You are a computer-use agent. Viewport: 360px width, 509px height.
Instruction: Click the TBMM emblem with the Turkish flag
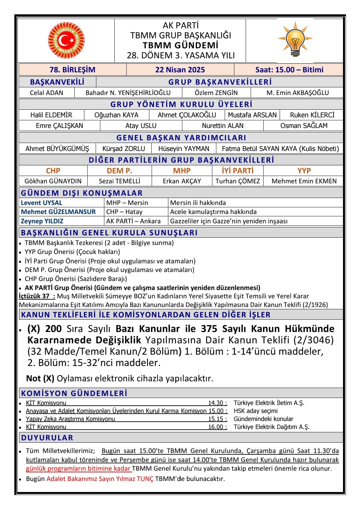[66, 41]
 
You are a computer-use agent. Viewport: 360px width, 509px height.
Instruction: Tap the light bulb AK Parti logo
[295, 40]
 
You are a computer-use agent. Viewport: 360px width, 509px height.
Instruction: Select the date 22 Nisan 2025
[180, 70]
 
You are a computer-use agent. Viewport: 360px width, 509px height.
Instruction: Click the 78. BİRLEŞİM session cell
[72, 70]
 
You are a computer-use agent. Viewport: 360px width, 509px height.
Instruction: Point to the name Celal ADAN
[46, 93]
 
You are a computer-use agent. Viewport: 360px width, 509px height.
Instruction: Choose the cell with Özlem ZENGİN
[216, 93]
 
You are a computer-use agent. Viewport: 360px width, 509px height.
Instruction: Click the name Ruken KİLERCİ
[312, 115]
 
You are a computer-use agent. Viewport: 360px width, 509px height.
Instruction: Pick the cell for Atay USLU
[141, 126]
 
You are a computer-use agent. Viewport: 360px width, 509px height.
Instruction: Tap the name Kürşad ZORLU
[124, 149]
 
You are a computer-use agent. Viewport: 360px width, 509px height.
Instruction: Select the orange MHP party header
[182, 171]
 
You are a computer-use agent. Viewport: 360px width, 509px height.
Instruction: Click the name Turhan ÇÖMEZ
[238, 181]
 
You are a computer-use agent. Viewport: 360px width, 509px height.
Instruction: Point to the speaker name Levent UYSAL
[41, 203]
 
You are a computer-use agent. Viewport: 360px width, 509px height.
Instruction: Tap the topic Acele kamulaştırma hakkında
[213, 212]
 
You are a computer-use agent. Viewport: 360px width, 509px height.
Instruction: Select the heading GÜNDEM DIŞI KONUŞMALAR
[82, 193]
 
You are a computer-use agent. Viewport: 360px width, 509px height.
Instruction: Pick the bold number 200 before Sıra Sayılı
[53, 329]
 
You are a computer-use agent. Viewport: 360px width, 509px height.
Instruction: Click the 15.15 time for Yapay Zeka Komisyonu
[216, 419]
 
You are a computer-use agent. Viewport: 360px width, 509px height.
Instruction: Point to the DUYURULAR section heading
[47, 438]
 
